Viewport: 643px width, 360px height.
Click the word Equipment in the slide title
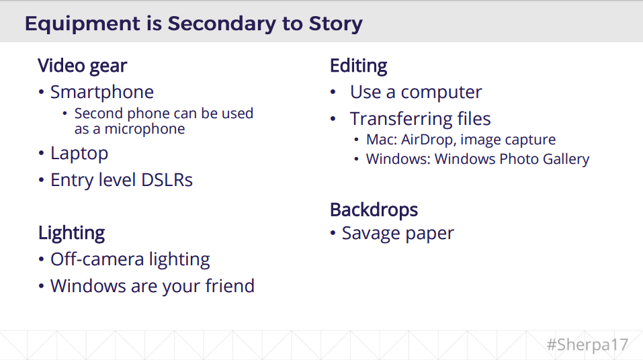[83, 24]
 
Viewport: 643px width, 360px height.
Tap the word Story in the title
[335, 24]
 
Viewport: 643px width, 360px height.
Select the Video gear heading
[83, 66]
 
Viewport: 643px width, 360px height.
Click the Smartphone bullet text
[101, 92]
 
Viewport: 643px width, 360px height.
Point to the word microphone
[144, 129]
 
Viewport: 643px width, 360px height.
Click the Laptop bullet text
[79, 154]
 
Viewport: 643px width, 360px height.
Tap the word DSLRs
[167, 180]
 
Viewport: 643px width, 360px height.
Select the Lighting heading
[72, 233]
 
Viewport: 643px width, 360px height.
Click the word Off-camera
[97, 259]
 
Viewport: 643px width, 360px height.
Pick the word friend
[230, 286]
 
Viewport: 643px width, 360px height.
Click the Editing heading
[358, 66]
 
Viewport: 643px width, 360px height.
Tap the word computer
[441, 93]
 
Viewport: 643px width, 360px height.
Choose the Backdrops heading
[374, 210]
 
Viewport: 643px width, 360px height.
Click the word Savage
[371, 234]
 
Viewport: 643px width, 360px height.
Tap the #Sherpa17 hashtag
[587, 345]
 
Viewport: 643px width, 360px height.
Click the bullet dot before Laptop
[41, 153]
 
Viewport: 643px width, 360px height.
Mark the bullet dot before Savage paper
[333, 233]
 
